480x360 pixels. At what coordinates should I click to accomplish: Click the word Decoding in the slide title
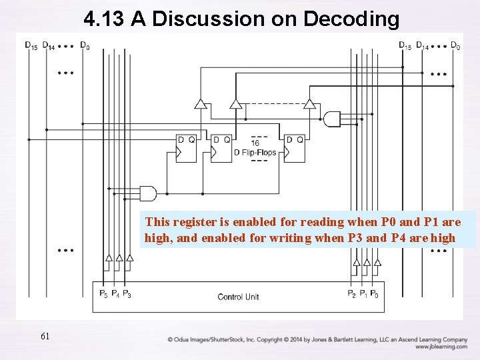(351, 19)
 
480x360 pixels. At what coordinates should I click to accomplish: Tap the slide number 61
(45, 337)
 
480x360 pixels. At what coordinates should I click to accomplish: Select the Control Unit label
(238, 296)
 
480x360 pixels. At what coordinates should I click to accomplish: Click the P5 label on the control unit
(103, 294)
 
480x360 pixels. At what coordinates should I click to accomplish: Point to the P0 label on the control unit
(375, 294)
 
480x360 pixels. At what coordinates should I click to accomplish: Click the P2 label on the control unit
(351, 294)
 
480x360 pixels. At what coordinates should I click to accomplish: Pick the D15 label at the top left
(31, 45)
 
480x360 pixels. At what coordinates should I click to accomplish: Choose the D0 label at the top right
(455, 45)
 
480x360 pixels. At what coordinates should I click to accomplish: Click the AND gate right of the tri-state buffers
(331, 119)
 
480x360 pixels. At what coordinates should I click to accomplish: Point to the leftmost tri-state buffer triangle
(199, 104)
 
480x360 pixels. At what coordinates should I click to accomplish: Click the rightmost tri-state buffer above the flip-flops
(309, 104)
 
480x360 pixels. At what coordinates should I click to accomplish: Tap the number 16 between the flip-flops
(255, 143)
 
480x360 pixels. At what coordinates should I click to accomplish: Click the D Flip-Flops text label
(255, 152)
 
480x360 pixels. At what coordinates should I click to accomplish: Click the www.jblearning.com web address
(440, 347)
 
